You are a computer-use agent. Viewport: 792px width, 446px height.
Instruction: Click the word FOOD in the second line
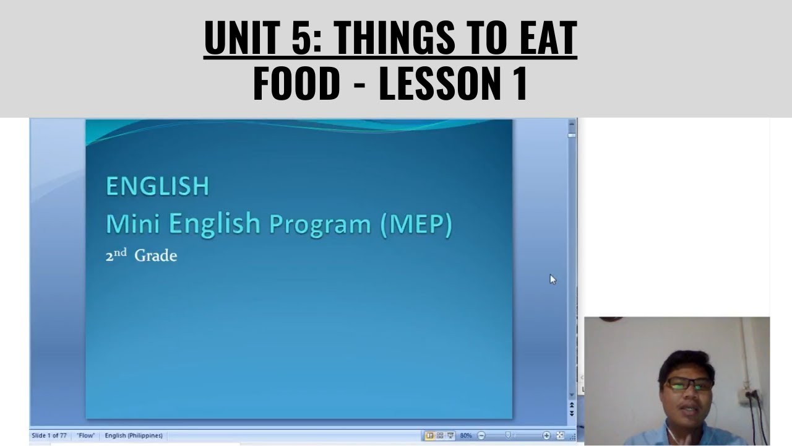pyautogui.click(x=296, y=84)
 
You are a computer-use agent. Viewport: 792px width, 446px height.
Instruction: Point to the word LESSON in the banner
pyautogui.click(x=436, y=84)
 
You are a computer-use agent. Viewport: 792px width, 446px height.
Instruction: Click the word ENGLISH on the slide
pyautogui.click(x=157, y=186)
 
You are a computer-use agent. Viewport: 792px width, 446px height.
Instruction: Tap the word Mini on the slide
pyautogui.click(x=134, y=223)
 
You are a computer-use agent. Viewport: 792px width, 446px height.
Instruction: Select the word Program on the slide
pyautogui.click(x=320, y=224)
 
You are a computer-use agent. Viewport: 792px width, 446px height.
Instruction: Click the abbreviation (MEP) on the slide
pyautogui.click(x=416, y=224)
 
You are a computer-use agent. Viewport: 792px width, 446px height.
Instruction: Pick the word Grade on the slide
pyautogui.click(x=155, y=256)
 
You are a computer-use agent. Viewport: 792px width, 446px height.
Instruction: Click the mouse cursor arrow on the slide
pyautogui.click(x=553, y=279)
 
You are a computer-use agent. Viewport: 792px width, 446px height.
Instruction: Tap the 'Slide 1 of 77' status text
pyautogui.click(x=49, y=435)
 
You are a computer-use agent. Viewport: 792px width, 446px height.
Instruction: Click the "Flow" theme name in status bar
pyautogui.click(x=85, y=435)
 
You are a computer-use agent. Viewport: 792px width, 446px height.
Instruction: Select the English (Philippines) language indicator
pyautogui.click(x=134, y=435)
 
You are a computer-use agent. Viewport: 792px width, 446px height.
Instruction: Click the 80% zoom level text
pyautogui.click(x=465, y=435)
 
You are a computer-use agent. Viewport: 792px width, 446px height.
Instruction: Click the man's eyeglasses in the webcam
pyautogui.click(x=688, y=384)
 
